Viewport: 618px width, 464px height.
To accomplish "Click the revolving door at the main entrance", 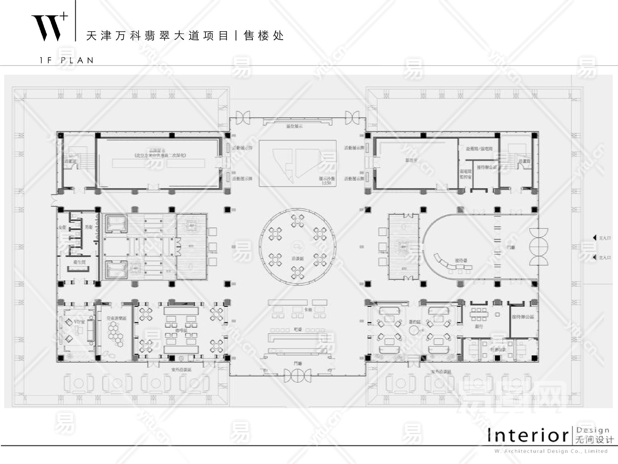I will pyautogui.click(x=539, y=246).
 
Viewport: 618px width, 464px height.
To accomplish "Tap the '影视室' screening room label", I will pyautogui.click(x=411, y=161).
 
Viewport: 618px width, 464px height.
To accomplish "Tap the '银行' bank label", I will pyautogui.click(x=478, y=326).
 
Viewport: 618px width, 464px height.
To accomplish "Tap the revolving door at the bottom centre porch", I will pyautogui.click(x=297, y=375).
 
